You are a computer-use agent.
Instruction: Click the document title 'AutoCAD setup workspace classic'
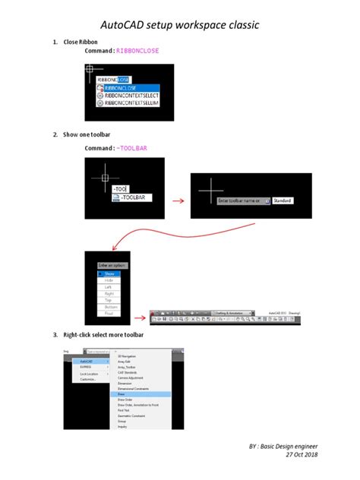(x=180, y=25)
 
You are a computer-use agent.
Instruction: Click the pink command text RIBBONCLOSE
(x=139, y=50)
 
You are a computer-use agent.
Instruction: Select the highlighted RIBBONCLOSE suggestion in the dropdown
(x=126, y=87)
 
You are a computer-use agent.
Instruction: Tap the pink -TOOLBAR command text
(x=137, y=148)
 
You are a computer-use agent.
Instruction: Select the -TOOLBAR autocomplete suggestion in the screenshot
(x=134, y=197)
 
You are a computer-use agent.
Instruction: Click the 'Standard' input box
(x=283, y=201)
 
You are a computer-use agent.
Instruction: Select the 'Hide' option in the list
(x=109, y=280)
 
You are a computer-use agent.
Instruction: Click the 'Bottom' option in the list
(x=109, y=308)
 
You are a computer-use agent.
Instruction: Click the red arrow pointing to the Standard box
(x=179, y=201)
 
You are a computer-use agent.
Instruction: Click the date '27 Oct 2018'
(x=302, y=454)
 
